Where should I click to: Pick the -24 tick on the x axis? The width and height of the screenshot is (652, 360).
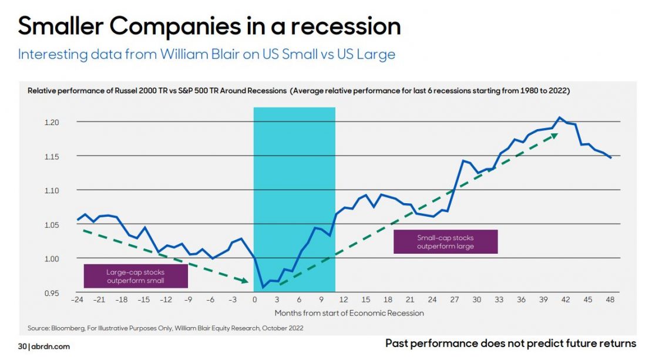pyautogui.click(x=77, y=300)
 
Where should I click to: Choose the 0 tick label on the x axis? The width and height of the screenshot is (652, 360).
pyautogui.click(x=254, y=300)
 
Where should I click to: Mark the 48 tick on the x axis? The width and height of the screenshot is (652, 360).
pyautogui.click(x=611, y=300)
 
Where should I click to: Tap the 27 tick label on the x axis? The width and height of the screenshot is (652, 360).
pyautogui.click(x=455, y=300)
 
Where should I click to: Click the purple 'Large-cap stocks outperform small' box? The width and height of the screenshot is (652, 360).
pyautogui.click(x=136, y=276)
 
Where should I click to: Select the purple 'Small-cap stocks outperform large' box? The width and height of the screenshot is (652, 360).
pyautogui.click(x=445, y=241)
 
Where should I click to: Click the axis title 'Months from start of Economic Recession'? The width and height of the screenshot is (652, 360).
pyautogui.click(x=349, y=313)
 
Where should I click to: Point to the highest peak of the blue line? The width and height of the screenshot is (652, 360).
pyautogui.click(x=559, y=117)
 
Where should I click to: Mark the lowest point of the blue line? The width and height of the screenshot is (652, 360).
pyautogui.click(x=263, y=287)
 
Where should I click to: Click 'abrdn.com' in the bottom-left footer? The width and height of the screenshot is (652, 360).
pyautogui.click(x=51, y=346)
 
